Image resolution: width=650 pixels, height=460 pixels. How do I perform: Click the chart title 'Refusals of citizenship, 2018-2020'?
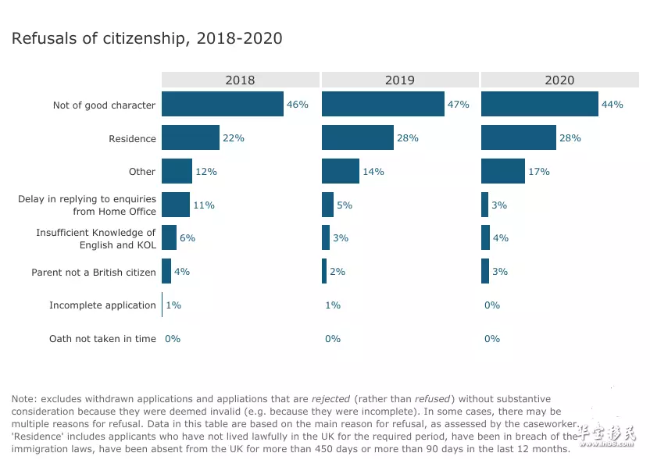click(x=147, y=38)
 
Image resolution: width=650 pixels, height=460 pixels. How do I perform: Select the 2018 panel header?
click(x=240, y=80)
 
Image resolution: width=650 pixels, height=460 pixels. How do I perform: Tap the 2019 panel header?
click(x=400, y=80)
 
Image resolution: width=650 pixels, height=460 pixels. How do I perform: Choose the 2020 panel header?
click(x=559, y=80)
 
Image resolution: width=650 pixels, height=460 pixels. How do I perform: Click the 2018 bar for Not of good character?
click(x=223, y=104)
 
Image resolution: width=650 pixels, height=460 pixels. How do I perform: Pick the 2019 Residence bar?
click(x=357, y=137)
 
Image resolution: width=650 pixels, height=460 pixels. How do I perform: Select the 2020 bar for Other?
click(x=503, y=171)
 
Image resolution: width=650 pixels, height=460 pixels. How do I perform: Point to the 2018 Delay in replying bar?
click(x=176, y=205)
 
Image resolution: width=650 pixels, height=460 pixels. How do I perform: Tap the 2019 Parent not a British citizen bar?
click(x=324, y=272)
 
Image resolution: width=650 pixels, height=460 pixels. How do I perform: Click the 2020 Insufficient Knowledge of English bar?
click(x=485, y=238)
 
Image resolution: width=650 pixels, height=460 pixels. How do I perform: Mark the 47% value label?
click(x=458, y=105)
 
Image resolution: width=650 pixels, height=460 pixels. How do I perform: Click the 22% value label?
click(x=234, y=138)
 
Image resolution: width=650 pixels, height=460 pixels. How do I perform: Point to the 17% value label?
click(x=539, y=172)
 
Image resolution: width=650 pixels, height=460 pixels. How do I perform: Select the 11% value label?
click(x=204, y=205)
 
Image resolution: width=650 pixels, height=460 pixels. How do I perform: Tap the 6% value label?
click(x=187, y=238)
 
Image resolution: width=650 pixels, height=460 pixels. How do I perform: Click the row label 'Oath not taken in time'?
click(x=102, y=339)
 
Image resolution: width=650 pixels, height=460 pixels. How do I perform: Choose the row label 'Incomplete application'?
click(x=102, y=305)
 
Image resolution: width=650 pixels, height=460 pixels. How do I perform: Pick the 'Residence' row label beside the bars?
click(x=132, y=138)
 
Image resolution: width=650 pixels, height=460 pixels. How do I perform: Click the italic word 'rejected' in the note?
click(x=330, y=399)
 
